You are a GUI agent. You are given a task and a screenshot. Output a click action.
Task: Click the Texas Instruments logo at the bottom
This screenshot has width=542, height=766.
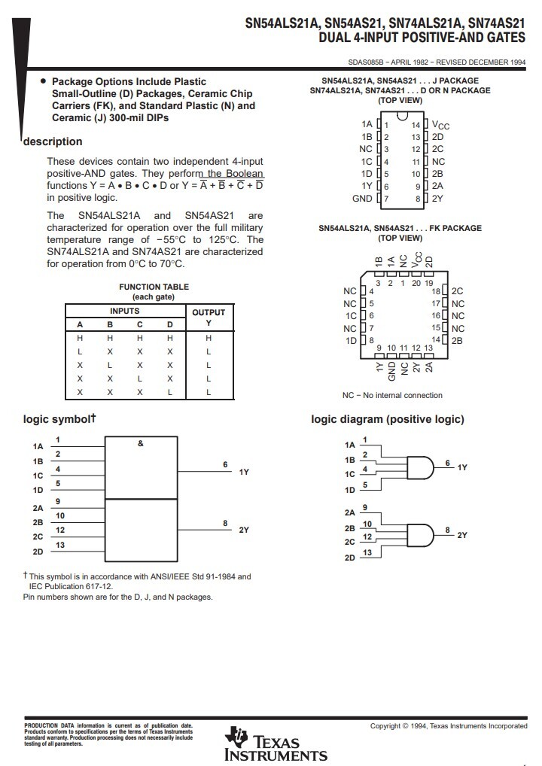276,744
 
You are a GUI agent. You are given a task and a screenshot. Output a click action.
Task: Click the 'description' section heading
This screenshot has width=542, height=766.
53,141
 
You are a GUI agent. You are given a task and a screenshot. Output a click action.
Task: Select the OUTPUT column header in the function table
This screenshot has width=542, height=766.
209,312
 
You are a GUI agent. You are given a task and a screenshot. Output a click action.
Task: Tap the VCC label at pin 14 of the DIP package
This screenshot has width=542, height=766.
440,124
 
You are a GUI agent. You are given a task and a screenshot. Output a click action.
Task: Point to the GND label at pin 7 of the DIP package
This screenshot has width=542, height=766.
362,199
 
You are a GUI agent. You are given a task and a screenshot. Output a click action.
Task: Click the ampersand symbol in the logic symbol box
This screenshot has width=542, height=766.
141,444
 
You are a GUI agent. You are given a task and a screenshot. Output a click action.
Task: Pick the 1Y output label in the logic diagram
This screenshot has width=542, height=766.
462,467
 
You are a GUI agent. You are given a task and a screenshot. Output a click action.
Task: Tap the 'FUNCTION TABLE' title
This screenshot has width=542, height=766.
154,287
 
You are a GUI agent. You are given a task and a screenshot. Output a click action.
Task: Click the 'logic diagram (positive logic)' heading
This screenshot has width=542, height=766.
388,419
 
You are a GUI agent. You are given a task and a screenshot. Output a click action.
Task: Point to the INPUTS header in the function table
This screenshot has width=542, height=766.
125,311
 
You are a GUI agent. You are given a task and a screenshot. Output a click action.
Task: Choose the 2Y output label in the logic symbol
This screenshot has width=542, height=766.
244,530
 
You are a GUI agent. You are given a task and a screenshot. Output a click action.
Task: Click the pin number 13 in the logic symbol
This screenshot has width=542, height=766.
60,545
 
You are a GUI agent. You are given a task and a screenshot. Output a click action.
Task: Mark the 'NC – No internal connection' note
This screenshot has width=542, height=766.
392,395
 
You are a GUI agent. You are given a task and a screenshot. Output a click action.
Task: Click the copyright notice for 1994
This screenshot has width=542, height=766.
449,726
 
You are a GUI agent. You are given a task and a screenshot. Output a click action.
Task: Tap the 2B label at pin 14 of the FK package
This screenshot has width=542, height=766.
457,341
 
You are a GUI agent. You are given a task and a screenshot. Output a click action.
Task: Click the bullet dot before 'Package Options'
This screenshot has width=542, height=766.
43,81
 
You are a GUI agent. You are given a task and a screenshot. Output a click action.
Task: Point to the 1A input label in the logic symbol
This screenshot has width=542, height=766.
38,446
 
